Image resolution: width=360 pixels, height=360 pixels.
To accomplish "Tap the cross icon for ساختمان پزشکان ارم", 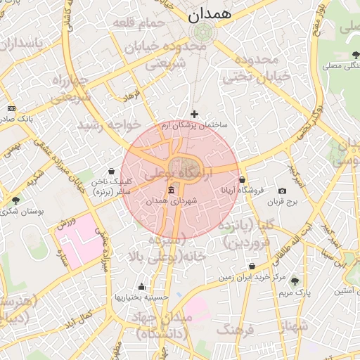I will (x=195, y=113).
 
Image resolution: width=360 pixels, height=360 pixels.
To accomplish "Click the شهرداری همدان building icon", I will (x=172, y=191).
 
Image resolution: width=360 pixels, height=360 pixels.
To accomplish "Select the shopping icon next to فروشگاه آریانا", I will (x=242, y=180).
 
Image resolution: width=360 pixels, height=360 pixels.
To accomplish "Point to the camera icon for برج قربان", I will (x=282, y=191).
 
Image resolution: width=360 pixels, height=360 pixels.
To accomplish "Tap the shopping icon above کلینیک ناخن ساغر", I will (x=112, y=171).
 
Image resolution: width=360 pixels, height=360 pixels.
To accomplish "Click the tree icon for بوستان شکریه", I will (x=15, y=200).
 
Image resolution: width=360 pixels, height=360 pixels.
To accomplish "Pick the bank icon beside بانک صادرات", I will (x=11, y=108).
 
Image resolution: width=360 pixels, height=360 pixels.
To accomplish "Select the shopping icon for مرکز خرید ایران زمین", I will (x=252, y=266).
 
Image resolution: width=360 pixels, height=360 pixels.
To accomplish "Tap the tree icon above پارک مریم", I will (x=295, y=281).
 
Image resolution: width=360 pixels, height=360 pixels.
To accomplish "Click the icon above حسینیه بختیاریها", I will (x=142, y=287).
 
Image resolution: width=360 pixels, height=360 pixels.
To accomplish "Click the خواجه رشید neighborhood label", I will (x=109, y=125).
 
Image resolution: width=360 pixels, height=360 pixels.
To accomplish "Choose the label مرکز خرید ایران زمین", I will (x=252, y=277).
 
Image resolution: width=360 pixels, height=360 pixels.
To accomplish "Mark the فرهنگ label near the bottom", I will (x=235, y=328).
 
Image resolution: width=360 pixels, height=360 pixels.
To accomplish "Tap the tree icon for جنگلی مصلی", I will (x=352, y=56).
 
